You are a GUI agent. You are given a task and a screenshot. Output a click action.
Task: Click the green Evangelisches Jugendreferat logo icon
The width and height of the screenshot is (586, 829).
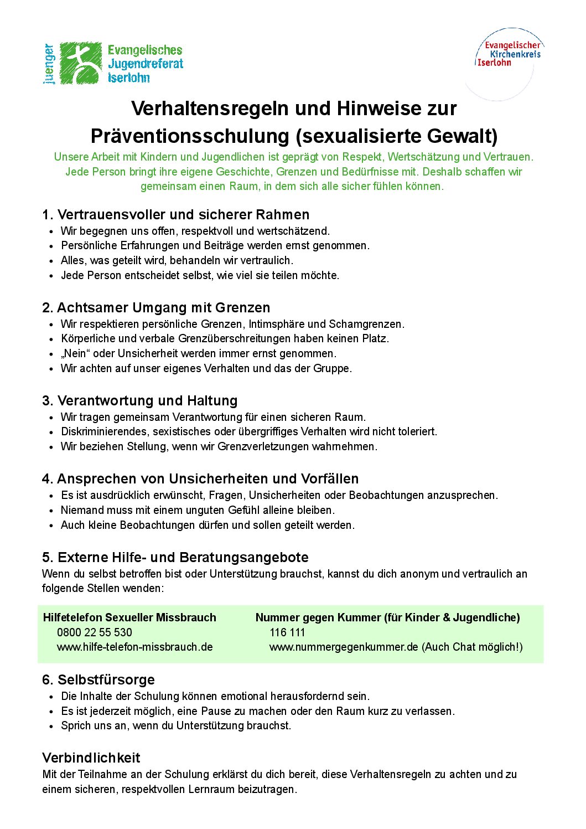81,63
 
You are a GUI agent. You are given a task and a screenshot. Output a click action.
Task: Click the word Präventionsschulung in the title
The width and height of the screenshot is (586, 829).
190,136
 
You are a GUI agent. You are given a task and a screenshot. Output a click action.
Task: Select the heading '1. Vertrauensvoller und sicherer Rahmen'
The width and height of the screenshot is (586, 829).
175,215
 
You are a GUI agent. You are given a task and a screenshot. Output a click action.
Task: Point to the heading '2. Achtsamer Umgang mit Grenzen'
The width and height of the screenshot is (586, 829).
156,308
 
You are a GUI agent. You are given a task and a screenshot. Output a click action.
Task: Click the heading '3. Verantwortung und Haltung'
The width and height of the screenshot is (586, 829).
139,401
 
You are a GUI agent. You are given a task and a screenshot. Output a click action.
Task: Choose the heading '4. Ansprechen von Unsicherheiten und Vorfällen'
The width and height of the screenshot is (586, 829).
200,479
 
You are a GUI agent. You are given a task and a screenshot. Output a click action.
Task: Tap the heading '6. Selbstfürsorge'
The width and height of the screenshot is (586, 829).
98,680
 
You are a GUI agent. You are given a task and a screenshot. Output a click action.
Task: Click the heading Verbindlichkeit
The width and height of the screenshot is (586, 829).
91,758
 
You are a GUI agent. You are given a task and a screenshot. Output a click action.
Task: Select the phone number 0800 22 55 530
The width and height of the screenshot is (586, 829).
95,632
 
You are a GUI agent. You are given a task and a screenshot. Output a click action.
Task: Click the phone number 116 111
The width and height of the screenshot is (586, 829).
287,632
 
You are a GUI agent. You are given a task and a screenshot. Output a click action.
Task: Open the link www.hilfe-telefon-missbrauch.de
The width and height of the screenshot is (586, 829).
135,647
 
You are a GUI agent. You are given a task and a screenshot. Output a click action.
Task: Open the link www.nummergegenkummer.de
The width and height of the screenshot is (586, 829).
344,647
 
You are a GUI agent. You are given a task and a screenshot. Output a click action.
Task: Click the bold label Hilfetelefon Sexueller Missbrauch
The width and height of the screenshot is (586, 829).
129,618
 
